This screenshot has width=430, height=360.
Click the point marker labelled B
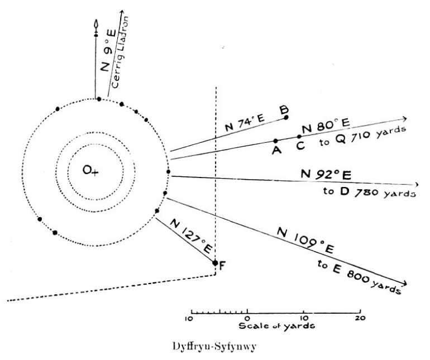pos(286,117)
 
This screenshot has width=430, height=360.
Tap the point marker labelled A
pos(275,141)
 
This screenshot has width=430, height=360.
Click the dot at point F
pos(215,262)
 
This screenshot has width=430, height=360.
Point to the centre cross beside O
pos(95,173)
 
